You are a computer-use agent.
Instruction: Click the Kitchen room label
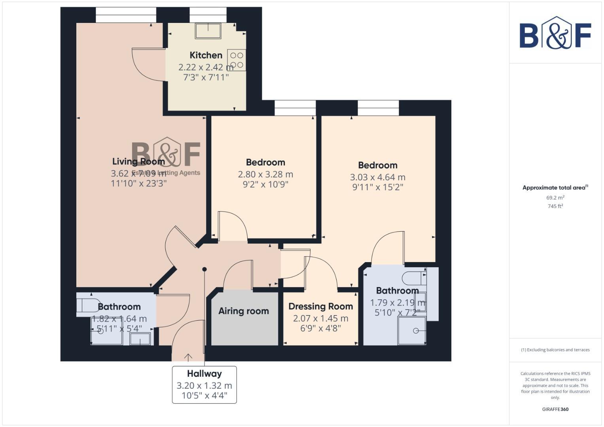coord(206,55)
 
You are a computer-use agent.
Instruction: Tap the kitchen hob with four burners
coord(237,60)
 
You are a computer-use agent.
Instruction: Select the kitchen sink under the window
coord(208,30)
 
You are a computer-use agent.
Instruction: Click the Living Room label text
coord(138,161)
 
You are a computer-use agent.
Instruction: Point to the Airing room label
coord(244,311)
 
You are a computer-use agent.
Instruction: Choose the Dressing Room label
coord(320,306)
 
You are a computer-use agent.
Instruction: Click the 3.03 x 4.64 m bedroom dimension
coord(377,177)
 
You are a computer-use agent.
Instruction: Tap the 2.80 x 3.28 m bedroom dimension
coord(265,174)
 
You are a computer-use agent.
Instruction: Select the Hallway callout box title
coord(204,374)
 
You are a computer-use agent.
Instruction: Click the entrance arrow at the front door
coord(188,357)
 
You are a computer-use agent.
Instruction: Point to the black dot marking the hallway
coord(204,269)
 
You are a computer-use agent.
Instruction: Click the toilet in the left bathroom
coord(88,305)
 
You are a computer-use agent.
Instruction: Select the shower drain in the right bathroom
coord(416,331)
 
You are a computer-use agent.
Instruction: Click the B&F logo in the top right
coord(555,33)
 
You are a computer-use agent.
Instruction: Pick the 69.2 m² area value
coord(555,198)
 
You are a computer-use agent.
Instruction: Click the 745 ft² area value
coord(555,206)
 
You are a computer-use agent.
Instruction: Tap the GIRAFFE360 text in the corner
coord(555,409)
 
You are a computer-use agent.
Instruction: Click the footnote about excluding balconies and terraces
coord(555,350)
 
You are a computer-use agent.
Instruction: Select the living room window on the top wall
coord(126,15)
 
